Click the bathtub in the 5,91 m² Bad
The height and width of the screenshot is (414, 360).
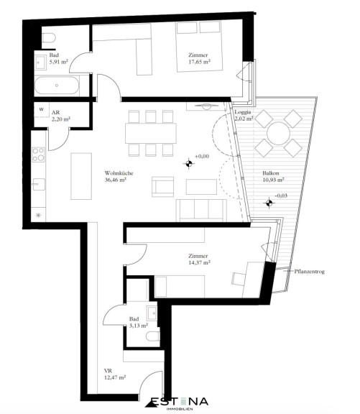57,86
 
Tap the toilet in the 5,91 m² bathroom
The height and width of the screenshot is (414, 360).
49,38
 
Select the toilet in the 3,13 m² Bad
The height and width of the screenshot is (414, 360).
153,336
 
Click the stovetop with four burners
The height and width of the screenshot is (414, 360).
38,155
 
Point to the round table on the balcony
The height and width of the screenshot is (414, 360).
278,133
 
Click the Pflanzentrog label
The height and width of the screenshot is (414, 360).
309,271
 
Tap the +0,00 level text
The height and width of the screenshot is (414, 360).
202,156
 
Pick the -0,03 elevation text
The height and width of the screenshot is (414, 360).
281,195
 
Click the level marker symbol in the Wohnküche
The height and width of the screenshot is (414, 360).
188,164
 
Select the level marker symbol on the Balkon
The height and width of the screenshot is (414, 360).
269,203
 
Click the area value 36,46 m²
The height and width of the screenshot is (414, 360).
116,180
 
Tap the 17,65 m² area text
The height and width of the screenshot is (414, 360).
199,62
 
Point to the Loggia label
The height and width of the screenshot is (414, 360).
243,112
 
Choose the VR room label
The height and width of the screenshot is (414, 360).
108,371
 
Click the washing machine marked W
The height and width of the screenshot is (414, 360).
42,109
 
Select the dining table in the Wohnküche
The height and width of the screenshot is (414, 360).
151,133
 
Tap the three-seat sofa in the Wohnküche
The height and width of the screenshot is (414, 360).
201,210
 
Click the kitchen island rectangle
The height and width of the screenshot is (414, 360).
81,176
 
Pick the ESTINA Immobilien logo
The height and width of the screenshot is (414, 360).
177,403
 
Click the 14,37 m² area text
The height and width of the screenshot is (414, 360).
199,263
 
